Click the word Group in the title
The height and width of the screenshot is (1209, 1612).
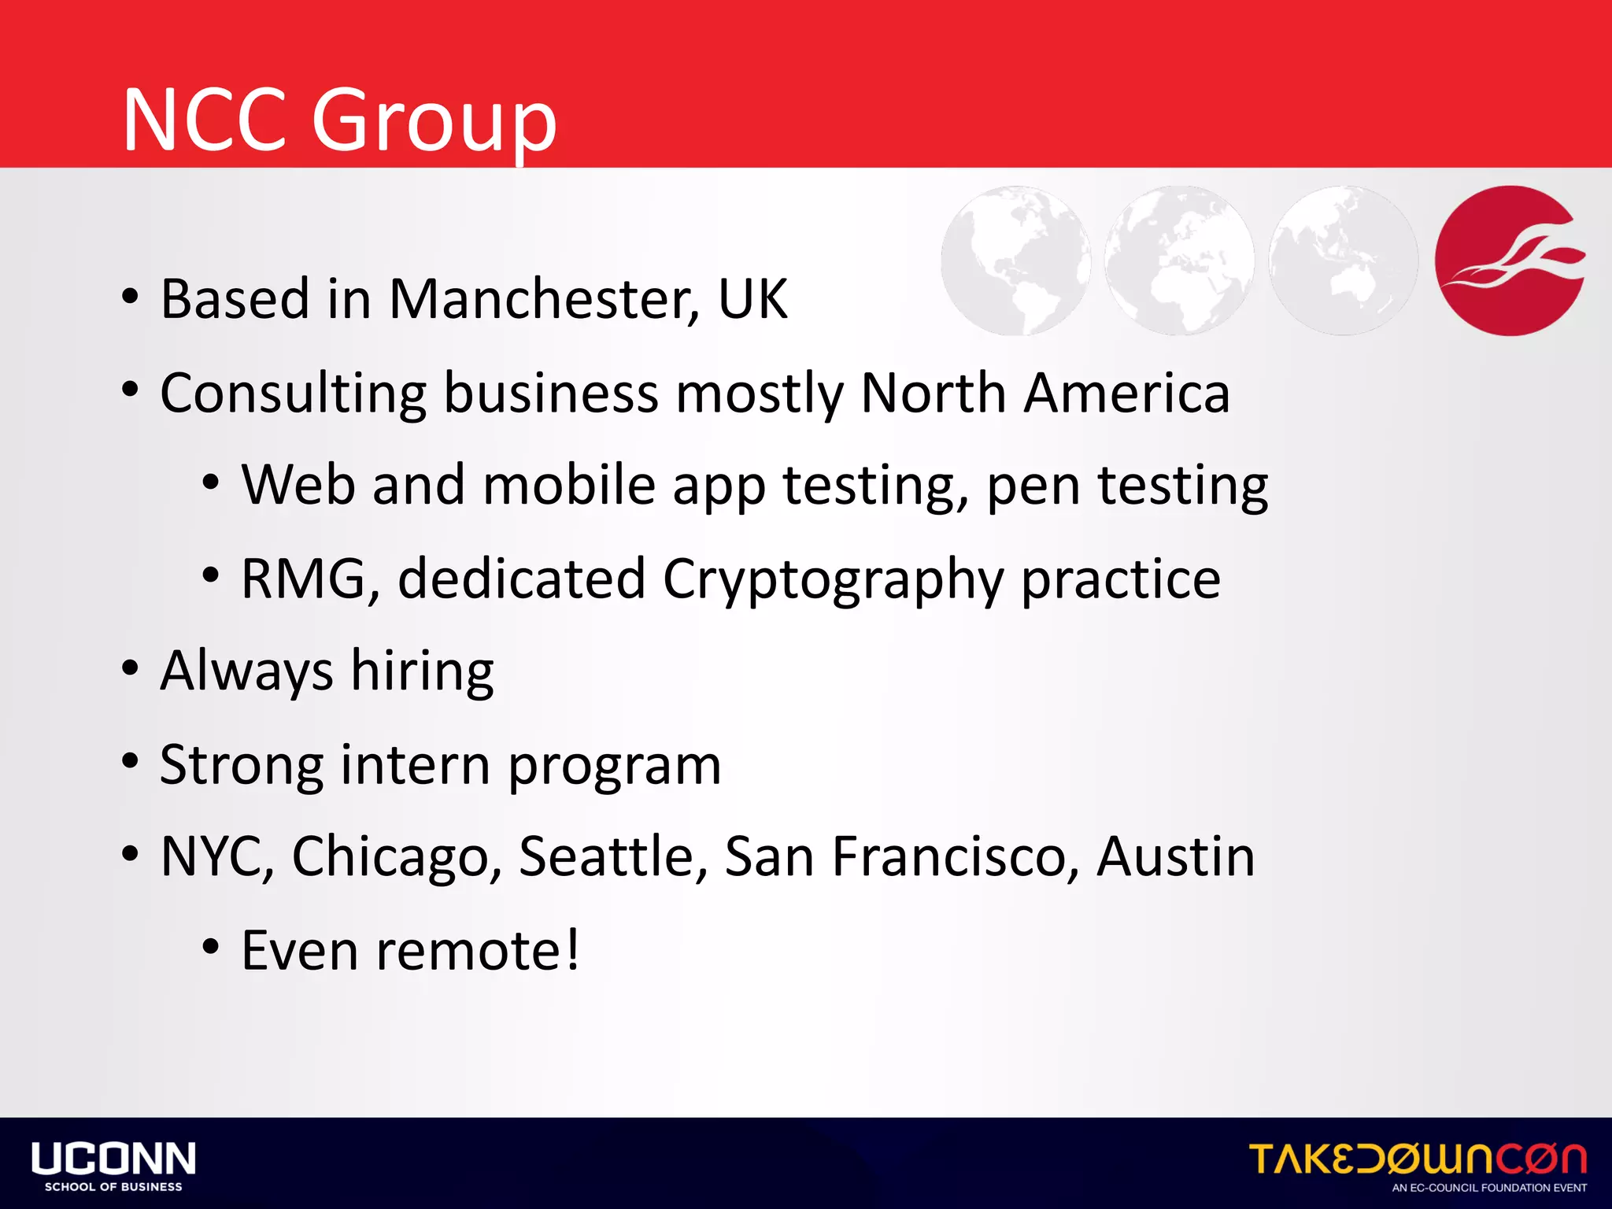[x=434, y=122]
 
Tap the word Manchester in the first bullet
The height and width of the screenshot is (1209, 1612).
[x=543, y=300]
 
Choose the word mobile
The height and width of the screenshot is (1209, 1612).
[x=569, y=486]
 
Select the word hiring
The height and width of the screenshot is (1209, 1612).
[x=422, y=672]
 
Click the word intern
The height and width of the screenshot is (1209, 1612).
[x=415, y=765]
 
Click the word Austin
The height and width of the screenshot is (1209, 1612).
[x=1175, y=857]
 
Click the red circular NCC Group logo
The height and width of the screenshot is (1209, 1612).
[x=1510, y=261]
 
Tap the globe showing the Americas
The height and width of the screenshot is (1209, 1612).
[x=1015, y=261]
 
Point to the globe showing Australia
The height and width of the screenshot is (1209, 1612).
[x=1344, y=261]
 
